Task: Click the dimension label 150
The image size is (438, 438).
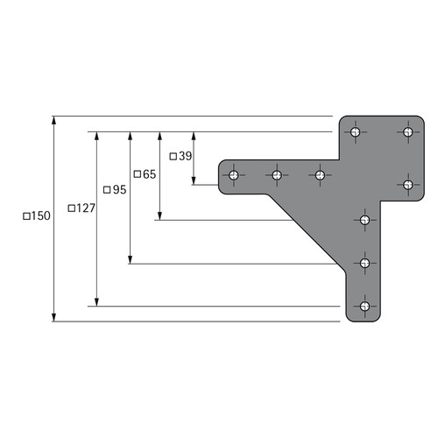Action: [x=40, y=216]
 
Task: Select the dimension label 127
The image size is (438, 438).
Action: [x=86, y=208]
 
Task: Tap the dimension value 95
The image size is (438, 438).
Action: [x=119, y=190]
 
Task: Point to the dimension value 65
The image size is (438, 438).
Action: [x=150, y=174]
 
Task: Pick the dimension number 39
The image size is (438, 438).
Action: [x=186, y=156]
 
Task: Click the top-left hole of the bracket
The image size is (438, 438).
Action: [x=356, y=132]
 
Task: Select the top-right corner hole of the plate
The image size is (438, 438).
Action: [x=408, y=132]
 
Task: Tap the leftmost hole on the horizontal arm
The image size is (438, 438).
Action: [x=234, y=175]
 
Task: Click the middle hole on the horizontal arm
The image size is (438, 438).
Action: [x=277, y=175]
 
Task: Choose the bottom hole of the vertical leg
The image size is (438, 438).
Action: [x=364, y=307]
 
